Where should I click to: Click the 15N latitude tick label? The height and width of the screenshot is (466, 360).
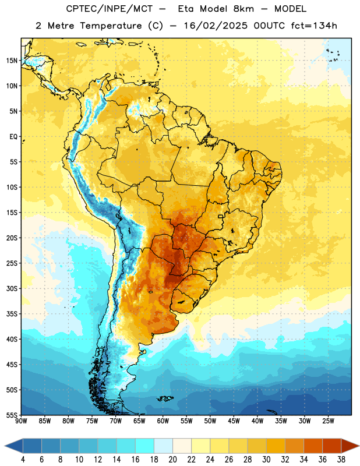(x=12, y=61)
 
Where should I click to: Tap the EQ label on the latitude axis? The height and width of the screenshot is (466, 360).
(x=13, y=137)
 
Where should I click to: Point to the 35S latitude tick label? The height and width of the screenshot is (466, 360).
(x=12, y=314)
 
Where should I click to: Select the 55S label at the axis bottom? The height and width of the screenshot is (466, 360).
(x=12, y=415)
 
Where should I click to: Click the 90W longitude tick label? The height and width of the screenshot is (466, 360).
(x=21, y=421)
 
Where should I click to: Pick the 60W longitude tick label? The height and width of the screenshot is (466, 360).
(x=163, y=421)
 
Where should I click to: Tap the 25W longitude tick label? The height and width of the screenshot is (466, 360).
(x=328, y=421)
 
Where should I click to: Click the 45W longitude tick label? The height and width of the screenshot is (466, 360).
(x=234, y=421)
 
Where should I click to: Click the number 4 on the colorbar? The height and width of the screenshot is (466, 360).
(x=23, y=460)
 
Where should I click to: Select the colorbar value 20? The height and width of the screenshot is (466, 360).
(x=172, y=460)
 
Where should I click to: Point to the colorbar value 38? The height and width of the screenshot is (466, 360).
(x=341, y=460)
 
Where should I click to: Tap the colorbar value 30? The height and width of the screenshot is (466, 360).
(x=266, y=460)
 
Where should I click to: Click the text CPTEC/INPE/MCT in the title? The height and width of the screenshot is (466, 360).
(x=109, y=9)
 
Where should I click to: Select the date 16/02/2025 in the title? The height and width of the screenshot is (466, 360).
(x=216, y=26)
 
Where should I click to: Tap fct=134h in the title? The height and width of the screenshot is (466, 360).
(x=314, y=26)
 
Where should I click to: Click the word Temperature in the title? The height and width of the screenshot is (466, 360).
(x=111, y=26)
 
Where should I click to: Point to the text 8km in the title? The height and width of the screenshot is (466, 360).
(x=243, y=9)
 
